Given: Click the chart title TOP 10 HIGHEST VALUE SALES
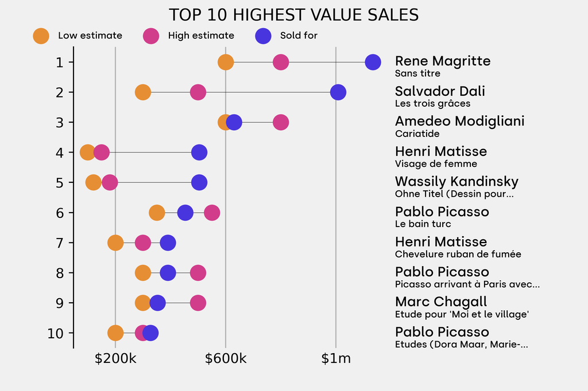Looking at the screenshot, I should click(293, 15).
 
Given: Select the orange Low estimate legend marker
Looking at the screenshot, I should click(41, 36).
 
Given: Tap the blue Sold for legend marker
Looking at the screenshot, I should click(263, 36).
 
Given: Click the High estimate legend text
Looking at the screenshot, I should click(201, 36).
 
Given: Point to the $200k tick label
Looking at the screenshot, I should click(115, 359).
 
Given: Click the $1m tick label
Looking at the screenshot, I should click(336, 359).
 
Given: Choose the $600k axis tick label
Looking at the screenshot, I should click(226, 359).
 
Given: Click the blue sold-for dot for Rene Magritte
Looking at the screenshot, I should click(373, 62).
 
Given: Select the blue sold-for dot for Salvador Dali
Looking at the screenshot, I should click(338, 92).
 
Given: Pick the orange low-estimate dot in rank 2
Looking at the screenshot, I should click(143, 92).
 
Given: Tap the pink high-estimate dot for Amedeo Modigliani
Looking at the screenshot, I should click(281, 122).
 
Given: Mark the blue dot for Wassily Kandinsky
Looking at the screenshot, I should click(199, 183).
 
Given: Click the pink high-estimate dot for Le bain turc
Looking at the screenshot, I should click(212, 213).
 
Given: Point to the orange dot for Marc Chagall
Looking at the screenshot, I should click(143, 303).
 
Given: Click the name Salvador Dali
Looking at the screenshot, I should click(440, 91).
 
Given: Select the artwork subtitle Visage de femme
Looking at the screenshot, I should click(436, 164).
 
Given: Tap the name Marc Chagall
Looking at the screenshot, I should click(441, 302).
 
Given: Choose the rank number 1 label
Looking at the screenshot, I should click(60, 62).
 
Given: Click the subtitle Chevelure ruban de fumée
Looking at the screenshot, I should click(458, 254).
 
